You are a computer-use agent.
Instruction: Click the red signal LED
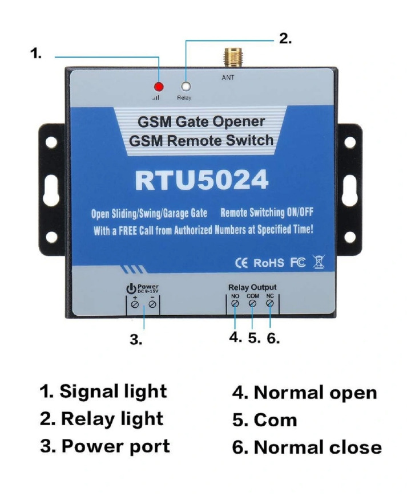pyautogui.click(x=158, y=87)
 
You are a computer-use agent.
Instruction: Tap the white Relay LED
pyautogui.click(x=185, y=87)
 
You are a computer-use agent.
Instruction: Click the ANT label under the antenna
pyautogui.click(x=228, y=78)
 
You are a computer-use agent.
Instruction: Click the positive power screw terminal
pyautogui.click(x=135, y=305)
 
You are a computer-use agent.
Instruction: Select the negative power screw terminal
pyautogui.click(x=152, y=305)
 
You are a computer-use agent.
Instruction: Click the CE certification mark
pyautogui.click(x=242, y=263)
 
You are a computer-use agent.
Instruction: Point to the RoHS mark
pyautogui.click(x=268, y=263)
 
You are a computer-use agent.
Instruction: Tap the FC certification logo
pyautogui.click(x=298, y=263)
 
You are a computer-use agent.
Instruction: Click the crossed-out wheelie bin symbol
pyautogui.click(x=318, y=263)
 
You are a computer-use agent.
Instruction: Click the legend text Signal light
pyautogui.click(x=113, y=392)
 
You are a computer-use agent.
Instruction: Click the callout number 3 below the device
pyautogui.click(x=135, y=340)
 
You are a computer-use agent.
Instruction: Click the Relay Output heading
pyautogui.click(x=252, y=287)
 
